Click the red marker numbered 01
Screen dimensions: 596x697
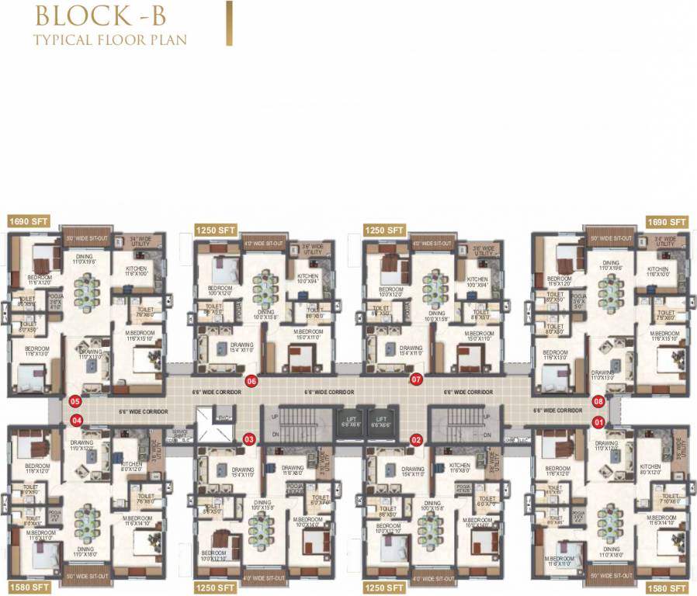click(x=598, y=422)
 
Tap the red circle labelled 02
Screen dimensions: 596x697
click(x=417, y=440)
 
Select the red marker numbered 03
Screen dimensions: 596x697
click(x=249, y=440)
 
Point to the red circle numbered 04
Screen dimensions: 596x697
click(x=76, y=421)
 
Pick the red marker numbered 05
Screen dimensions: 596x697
click(x=75, y=401)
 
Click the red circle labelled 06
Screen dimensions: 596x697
click(x=251, y=381)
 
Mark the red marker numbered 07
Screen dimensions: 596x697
click(x=416, y=379)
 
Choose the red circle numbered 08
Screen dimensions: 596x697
click(x=598, y=401)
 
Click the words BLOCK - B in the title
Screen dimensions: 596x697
click(x=98, y=16)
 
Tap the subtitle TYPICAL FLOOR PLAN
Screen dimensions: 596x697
click(x=109, y=38)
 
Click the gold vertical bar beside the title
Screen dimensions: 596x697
click(x=228, y=23)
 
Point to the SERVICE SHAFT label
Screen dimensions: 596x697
click(x=180, y=433)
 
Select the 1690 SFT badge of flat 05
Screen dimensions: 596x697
click(x=29, y=221)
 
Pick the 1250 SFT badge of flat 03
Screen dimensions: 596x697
click(x=215, y=587)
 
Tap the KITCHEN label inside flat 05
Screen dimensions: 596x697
click(x=141, y=269)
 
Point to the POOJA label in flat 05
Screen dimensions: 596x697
click(x=55, y=298)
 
